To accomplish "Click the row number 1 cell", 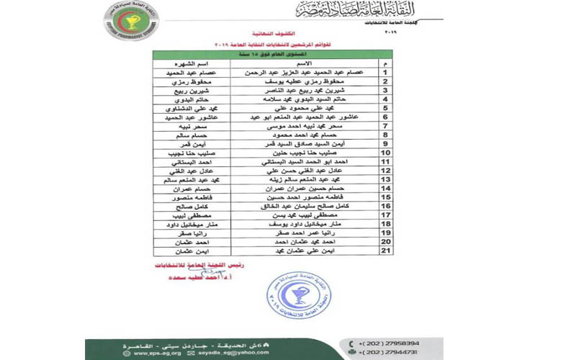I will click(x=386, y=73).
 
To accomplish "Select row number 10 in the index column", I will click(x=386, y=153).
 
